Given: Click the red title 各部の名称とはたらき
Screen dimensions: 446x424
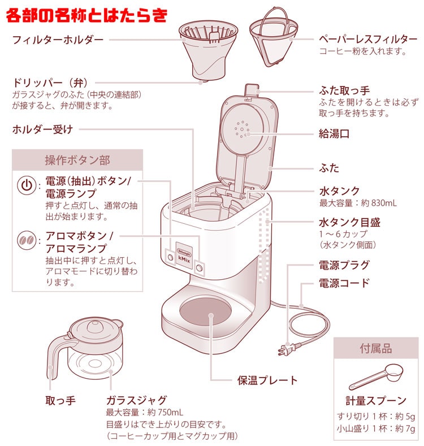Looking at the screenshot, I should (x=86, y=15).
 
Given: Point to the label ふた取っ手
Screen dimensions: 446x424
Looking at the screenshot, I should (x=344, y=90).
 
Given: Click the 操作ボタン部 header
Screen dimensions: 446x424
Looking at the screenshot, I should (x=77, y=161).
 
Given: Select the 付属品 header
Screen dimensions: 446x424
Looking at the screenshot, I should (x=375, y=349).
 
